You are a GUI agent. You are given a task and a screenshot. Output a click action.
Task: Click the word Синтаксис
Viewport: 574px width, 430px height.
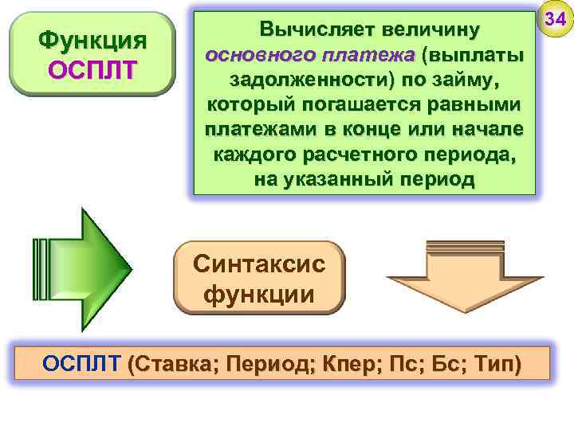point(259,264)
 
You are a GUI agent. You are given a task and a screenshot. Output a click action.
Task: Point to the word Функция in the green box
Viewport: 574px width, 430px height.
point(92,40)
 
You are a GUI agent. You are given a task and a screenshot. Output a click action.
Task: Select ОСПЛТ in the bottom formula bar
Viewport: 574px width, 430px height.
point(81,365)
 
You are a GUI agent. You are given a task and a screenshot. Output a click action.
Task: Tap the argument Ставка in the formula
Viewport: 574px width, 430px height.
point(178,365)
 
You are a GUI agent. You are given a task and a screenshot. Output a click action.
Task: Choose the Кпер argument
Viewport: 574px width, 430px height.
point(346,365)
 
